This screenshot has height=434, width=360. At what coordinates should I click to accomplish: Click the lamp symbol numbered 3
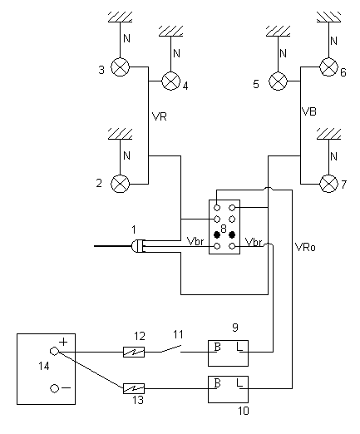pos(120,67)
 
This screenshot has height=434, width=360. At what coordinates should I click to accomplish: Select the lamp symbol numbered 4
pos(170,81)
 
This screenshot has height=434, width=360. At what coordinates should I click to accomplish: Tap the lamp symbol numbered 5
pos(278,81)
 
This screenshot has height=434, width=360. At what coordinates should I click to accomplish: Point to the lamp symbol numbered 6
pos(328,67)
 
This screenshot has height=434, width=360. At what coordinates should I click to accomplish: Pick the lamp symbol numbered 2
pos(120,184)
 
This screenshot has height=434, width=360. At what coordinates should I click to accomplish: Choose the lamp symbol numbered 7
pos(328,184)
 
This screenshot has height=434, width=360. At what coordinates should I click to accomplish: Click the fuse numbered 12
pos(134,352)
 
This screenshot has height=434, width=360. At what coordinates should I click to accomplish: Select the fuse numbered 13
pos(134,388)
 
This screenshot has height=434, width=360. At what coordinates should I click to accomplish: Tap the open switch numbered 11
pos(171,348)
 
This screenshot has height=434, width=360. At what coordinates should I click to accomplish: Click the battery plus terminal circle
pos(54,352)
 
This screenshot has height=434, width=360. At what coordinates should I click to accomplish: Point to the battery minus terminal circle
pos(54,388)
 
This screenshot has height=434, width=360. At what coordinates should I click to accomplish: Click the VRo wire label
pos(305,247)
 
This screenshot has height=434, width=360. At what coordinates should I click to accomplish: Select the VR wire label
pos(160,116)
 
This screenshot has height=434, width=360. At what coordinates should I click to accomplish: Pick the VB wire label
pos(308,111)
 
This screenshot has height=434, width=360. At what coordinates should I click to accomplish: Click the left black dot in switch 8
pos(217,235)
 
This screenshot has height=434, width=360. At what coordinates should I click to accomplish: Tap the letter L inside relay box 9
pos(239,347)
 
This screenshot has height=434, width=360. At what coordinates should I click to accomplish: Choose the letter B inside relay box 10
pos(218,383)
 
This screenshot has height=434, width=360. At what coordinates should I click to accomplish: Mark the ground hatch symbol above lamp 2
pos(120,134)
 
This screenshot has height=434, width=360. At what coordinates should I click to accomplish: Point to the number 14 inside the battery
pos(44,366)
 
